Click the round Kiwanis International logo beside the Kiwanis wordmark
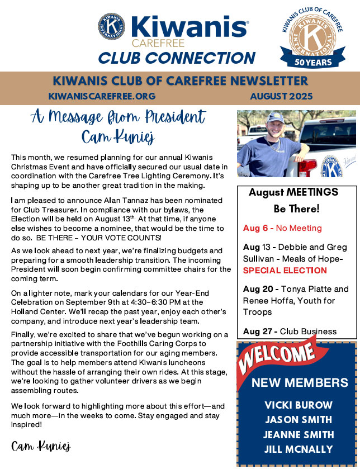tap(111, 27)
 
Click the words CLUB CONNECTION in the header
tap(177, 57)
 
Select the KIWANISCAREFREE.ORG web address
tap(102, 96)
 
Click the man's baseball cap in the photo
tap(276, 117)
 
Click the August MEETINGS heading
tap(293, 192)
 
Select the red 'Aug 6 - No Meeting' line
tap(282, 228)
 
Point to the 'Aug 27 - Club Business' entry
tap(290, 331)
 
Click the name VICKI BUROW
tap(299, 405)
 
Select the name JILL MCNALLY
tap(299, 449)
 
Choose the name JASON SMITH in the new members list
tap(299, 420)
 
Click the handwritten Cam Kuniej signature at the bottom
tap(41, 446)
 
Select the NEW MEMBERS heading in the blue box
tap(300, 383)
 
